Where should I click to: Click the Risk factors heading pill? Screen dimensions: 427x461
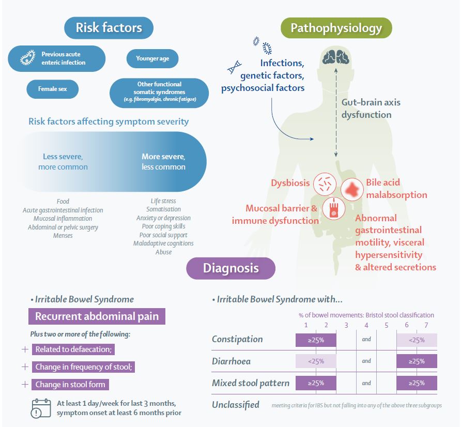[x=109, y=27]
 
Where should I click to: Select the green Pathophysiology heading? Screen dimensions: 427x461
[x=336, y=27]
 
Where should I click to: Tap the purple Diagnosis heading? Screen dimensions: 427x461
[x=230, y=268]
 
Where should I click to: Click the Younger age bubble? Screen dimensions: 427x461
[x=152, y=58]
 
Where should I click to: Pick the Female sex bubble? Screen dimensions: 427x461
[x=52, y=89]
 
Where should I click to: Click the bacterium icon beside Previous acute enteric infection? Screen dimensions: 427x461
[x=27, y=58]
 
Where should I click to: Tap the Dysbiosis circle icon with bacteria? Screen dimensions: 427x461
[x=326, y=183]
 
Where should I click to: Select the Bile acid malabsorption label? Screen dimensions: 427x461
[x=396, y=189]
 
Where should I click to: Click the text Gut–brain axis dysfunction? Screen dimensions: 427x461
[x=371, y=108]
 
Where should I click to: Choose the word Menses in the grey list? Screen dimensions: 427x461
[x=63, y=235]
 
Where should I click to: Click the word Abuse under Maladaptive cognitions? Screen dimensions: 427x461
[x=163, y=252]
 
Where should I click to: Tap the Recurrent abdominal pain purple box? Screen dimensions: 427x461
[x=97, y=316]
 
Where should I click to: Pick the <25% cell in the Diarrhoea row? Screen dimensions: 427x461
[x=316, y=361]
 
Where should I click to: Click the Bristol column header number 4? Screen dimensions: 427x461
[x=366, y=325]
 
